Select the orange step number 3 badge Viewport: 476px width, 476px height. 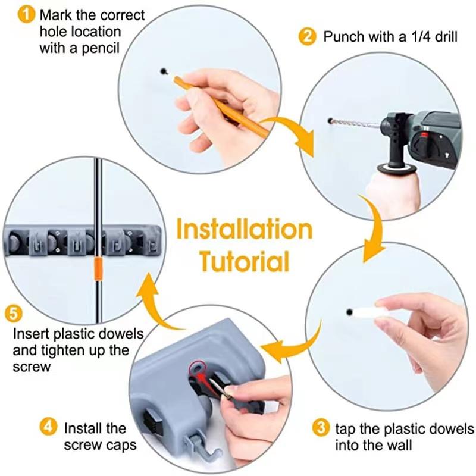(321, 428)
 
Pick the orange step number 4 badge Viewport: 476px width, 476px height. (48, 427)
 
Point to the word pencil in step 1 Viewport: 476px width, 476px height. (102, 48)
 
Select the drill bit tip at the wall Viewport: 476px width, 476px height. (331, 121)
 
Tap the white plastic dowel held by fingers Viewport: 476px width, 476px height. (372, 312)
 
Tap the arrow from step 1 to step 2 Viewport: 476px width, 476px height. (295, 134)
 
